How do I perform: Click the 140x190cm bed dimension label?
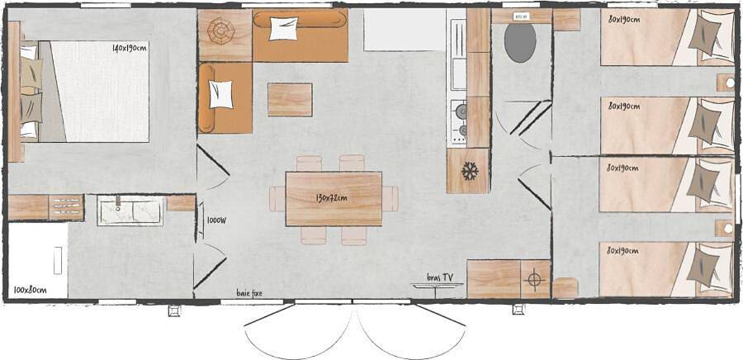point(130,48)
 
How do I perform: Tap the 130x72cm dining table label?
point(331,198)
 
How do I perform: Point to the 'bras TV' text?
point(439,277)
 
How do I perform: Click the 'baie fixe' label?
point(248,292)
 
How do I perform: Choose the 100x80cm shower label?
point(30,290)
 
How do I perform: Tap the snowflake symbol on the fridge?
point(470,172)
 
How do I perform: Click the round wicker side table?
point(221,33)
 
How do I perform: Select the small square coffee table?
point(290,99)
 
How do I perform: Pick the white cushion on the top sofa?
point(283,28)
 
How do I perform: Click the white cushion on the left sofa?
point(221,93)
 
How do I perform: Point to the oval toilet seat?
point(520,42)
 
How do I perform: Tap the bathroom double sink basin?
point(130,211)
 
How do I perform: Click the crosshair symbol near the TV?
point(534,280)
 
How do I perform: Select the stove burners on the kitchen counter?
point(458,121)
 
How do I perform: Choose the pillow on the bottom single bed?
point(706,268)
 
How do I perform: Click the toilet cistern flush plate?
point(521,17)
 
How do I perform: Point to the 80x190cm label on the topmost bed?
point(624,19)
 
